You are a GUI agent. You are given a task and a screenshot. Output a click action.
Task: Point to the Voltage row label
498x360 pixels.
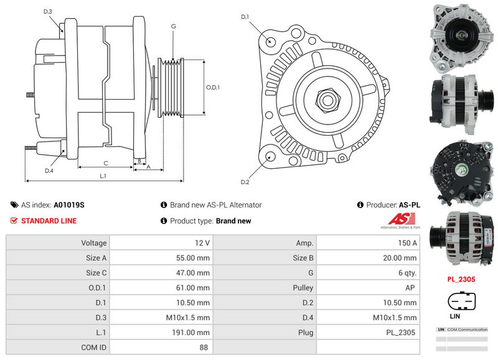coord(94,243)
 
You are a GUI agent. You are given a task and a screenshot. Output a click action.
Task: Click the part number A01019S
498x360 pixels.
coord(69,205)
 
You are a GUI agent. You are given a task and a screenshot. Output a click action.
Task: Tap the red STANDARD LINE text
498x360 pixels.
coord(49,221)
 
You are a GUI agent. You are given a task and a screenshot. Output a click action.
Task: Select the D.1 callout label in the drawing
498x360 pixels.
coord(245,17)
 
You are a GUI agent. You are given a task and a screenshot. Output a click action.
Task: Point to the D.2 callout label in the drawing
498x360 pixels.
coord(245,182)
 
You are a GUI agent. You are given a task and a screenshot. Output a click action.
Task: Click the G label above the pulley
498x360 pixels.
coord(173,26)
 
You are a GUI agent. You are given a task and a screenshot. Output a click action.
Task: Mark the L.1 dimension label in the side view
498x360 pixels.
coord(103,176)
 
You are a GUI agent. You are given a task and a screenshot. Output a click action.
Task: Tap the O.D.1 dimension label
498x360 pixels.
coord(213,87)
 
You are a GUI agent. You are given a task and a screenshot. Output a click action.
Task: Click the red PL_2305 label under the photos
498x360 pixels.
coord(461,280)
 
